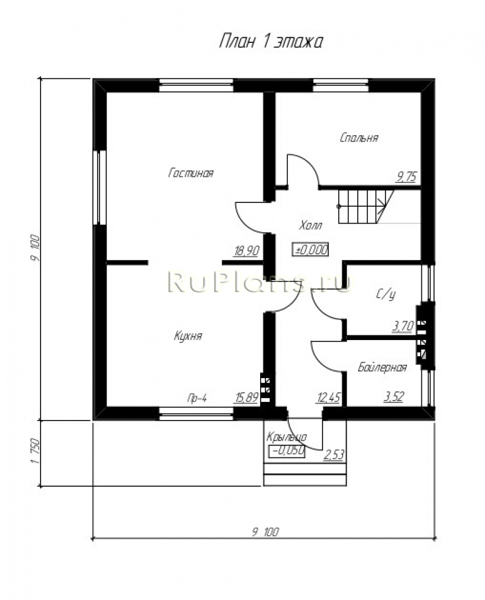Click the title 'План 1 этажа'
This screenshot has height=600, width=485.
(x=271, y=42)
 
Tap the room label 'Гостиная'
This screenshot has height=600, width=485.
(x=190, y=173)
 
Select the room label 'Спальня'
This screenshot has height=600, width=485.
(x=359, y=138)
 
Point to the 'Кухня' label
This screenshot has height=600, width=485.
(x=188, y=336)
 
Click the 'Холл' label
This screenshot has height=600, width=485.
(x=310, y=225)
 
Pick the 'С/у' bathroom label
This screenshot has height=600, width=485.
(x=386, y=294)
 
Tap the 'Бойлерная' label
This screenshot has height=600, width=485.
(x=382, y=367)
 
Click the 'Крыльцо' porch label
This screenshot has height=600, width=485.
(x=287, y=437)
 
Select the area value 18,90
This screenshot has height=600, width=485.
(x=247, y=251)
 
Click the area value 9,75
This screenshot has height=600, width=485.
(x=406, y=177)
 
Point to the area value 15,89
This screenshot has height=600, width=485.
(x=247, y=398)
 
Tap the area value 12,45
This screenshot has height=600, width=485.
(x=328, y=398)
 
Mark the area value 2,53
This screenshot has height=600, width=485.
(x=334, y=455)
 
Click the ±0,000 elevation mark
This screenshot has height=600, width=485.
(x=310, y=250)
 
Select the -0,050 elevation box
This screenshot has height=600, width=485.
(x=287, y=452)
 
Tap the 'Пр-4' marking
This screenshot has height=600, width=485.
(x=197, y=398)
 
